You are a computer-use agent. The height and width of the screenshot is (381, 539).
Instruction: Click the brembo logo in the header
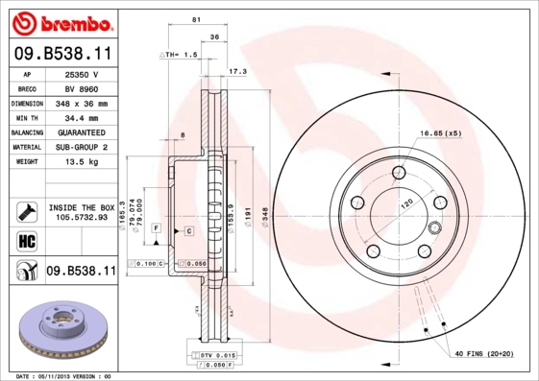click(x=60, y=22)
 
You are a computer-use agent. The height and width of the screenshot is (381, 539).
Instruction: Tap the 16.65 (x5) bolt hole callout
click(x=441, y=132)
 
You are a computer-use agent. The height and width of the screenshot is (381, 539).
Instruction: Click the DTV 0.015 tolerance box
click(x=214, y=356)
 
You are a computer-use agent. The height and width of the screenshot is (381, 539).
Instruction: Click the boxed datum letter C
click(x=189, y=231)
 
